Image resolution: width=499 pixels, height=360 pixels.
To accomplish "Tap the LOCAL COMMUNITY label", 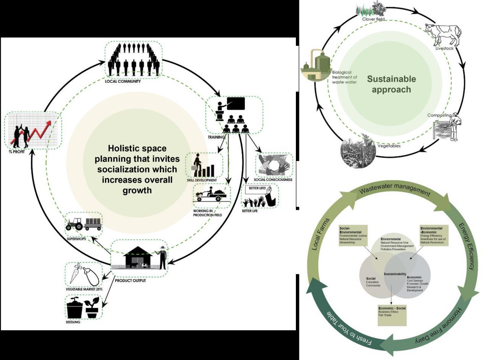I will click(x=123, y=81).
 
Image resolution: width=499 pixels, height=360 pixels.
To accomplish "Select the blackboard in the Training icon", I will click(x=236, y=103).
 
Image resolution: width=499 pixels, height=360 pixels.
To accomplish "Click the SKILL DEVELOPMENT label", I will click(x=202, y=180).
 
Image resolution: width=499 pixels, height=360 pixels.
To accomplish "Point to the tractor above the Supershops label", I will click(x=74, y=224).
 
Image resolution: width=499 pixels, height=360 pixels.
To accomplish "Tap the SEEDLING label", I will click(x=73, y=322).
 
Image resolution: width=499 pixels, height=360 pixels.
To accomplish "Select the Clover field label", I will click(x=373, y=19).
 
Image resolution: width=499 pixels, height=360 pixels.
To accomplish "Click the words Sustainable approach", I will click(x=391, y=84).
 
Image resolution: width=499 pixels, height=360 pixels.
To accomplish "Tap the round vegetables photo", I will click(x=358, y=152).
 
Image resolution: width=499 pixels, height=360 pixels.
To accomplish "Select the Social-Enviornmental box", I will click(x=353, y=236).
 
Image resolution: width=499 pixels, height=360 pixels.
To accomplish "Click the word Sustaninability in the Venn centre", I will click(x=395, y=274).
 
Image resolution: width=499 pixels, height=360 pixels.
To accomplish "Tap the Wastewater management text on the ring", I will click(x=395, y=190).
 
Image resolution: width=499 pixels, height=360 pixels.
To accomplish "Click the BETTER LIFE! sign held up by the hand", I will click(x=257, y=189).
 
